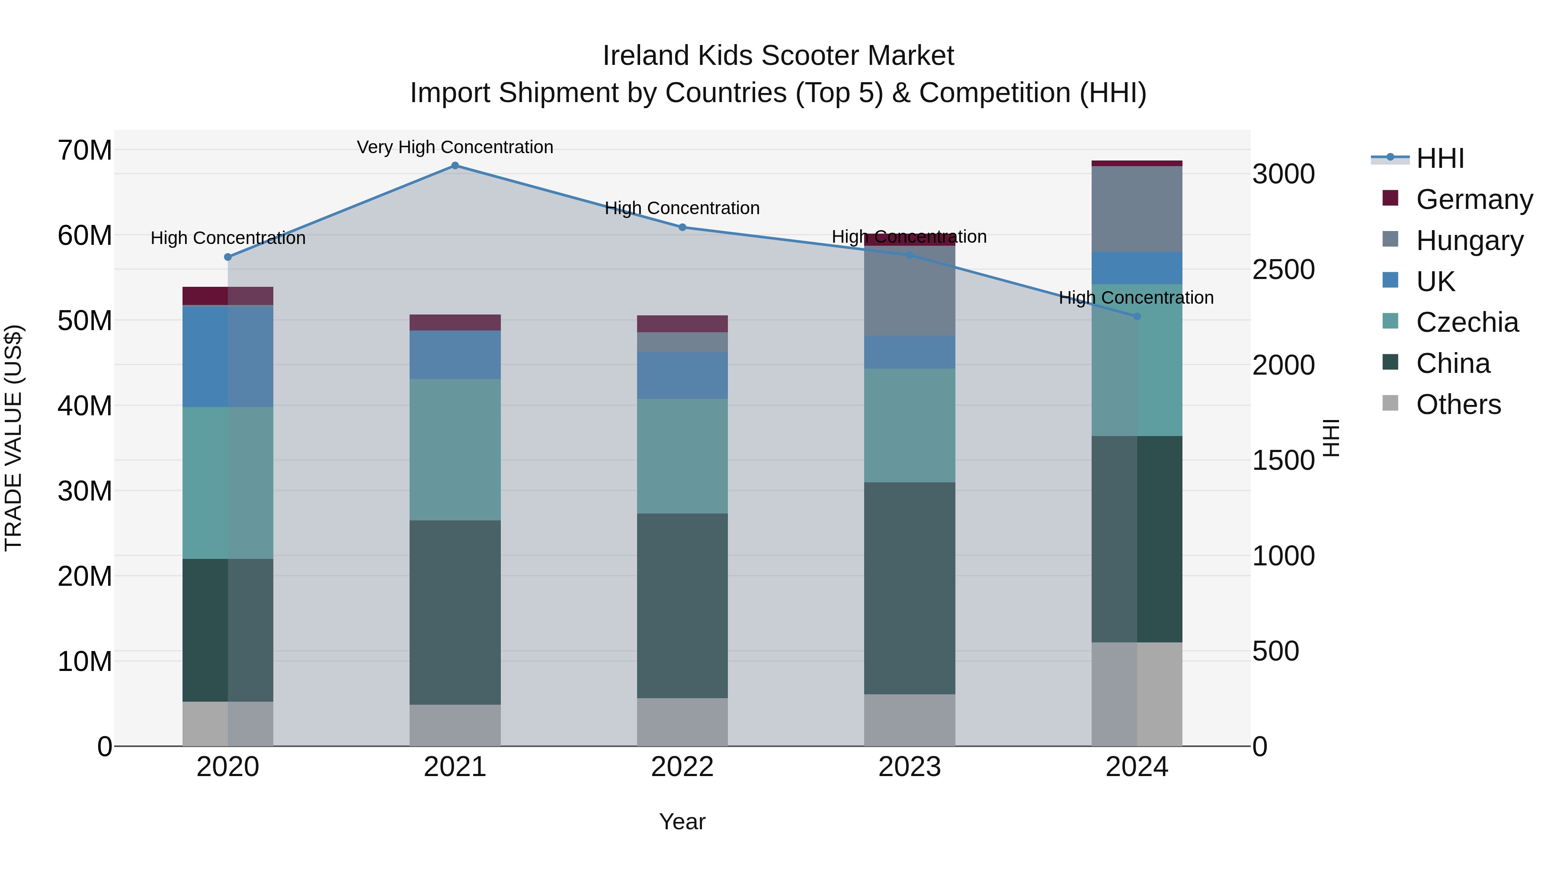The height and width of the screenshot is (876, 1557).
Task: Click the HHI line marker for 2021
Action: pyautogui.click(x=455, y=166)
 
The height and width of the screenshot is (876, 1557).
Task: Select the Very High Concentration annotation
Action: pyautogui.click(x=455, y=147)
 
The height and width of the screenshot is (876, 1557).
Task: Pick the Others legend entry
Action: pyautogui.click(x=1458, y=404)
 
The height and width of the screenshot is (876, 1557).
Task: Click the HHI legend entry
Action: pyautogui.click(x=1440, y=158)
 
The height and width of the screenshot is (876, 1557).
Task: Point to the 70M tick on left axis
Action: pyautogui.click(x=85, y=150)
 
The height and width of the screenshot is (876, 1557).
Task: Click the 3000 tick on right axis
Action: pyautogui.click(x=1283, y=174)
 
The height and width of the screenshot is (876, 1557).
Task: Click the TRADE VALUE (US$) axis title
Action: pyautogui.click(x=13, y=438)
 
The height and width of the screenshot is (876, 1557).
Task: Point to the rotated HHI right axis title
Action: pyautogui.click(x=1331, y=438)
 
